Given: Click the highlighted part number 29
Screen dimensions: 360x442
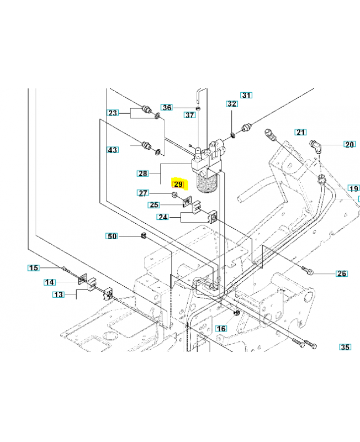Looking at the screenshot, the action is (x=178, y=185).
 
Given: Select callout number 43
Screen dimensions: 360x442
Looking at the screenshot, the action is (x=113, y=150).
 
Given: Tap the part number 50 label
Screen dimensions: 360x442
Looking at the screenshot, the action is (x=112, y=236).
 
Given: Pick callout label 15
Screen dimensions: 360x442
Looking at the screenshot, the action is (x=34, y=268).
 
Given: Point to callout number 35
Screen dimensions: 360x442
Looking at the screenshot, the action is (x=345, y=347).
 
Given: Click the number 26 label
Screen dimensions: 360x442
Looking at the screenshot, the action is (x=342, y=273).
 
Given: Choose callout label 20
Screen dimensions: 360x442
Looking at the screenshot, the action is (x=350, y=144).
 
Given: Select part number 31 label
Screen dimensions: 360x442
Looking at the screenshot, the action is (x=246, y=95).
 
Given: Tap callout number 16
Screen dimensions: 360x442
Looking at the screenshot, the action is (x=221, y=328).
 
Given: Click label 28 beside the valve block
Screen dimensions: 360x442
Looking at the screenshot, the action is (x=143, y=173).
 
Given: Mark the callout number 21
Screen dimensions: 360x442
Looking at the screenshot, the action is (x=300, y=132).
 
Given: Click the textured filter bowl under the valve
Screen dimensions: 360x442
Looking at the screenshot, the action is (x=207, y=183).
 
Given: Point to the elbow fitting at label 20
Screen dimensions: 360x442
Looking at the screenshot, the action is (x=316, y=146).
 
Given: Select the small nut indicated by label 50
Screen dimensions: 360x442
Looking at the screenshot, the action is (x=143, y=235).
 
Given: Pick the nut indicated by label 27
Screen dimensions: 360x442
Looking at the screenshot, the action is (x=174, y=194).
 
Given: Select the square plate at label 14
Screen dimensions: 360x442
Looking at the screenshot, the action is (x=82, y=280).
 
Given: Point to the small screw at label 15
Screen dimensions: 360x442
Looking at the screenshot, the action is (x=66, y=269).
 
